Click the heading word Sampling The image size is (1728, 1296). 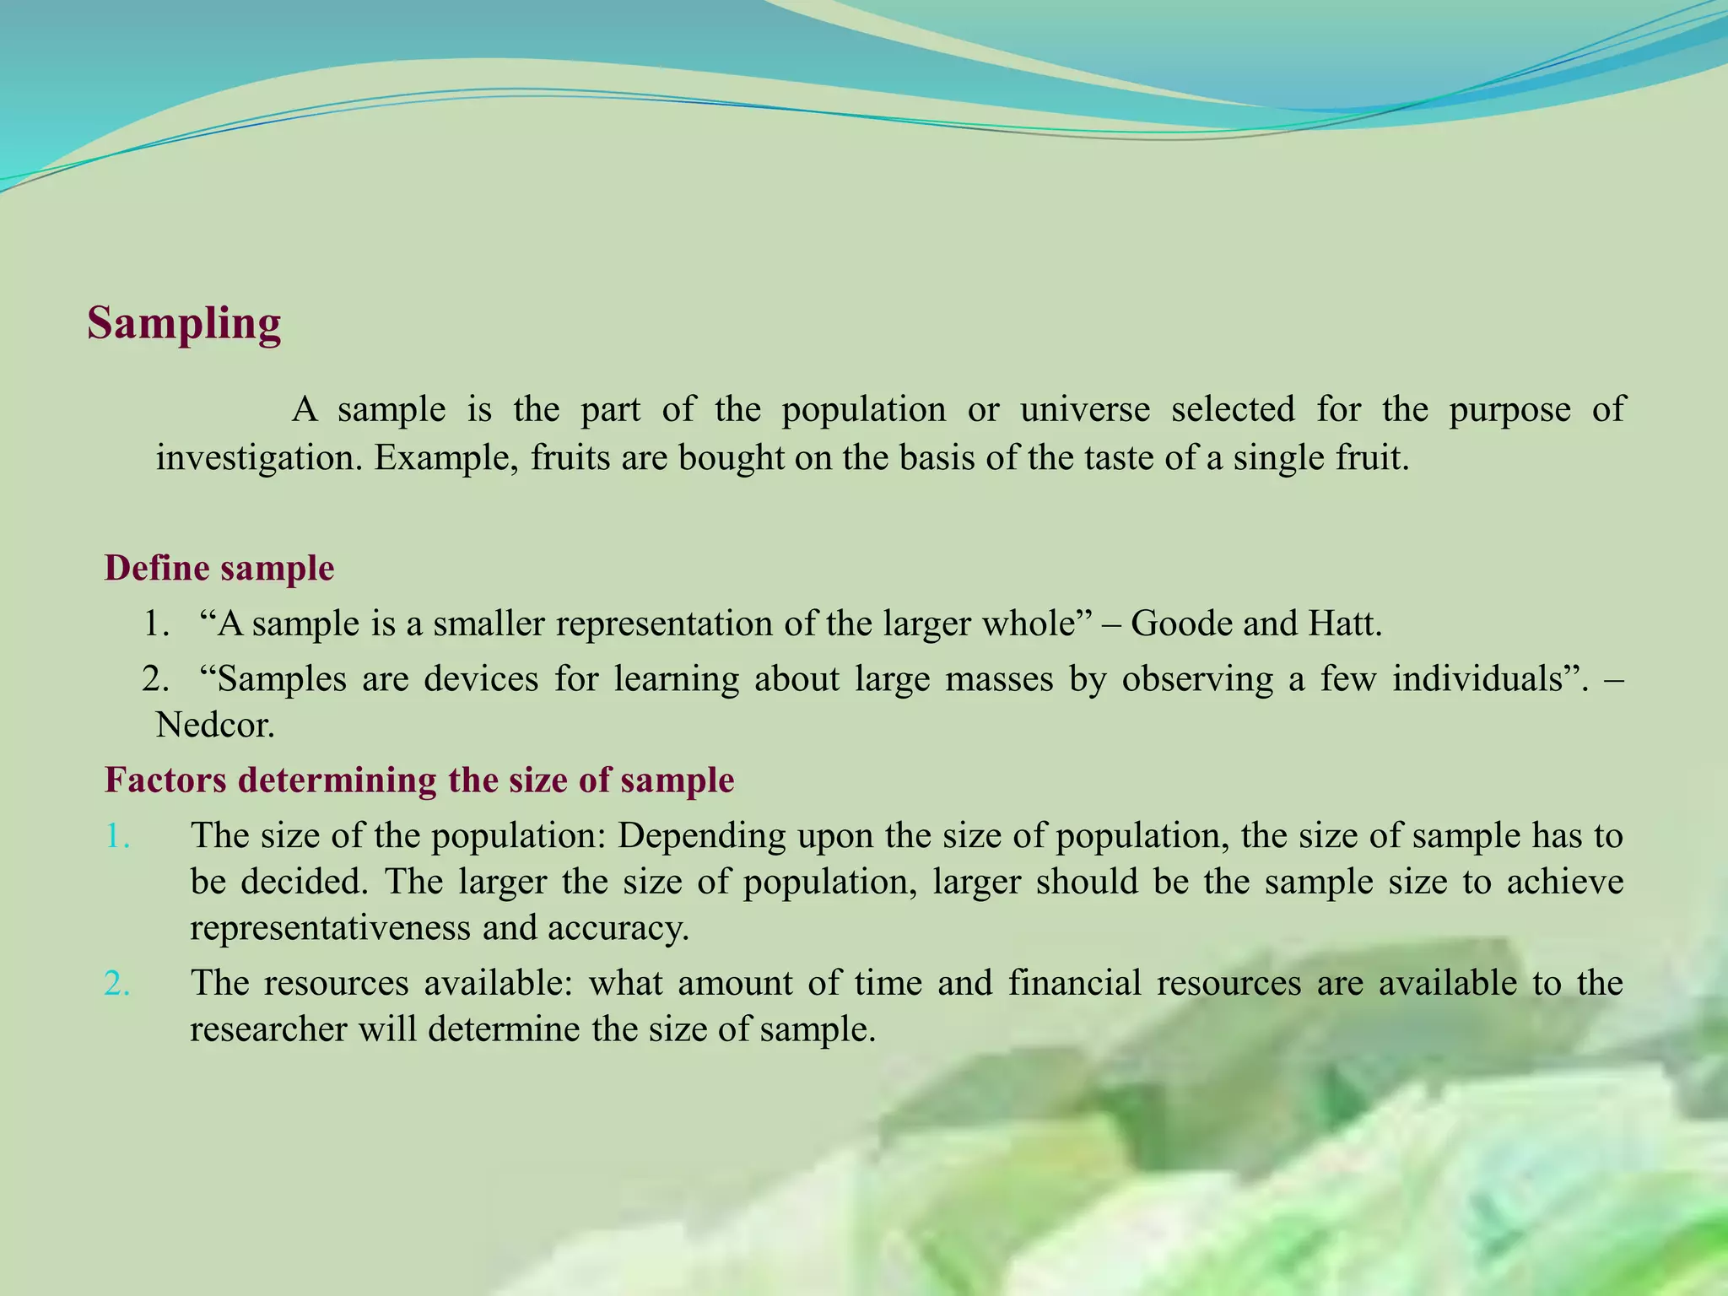coord(184,324)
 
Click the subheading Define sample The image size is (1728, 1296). coord(219,568)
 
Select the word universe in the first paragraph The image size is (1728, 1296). coord(1085,409)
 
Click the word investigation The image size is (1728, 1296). coord(260,458)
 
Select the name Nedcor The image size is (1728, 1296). coord(215,726)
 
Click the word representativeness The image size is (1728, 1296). coord(330,928)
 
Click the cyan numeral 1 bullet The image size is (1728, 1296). coord(117,836)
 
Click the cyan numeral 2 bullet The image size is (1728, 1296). coord(117,984)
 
